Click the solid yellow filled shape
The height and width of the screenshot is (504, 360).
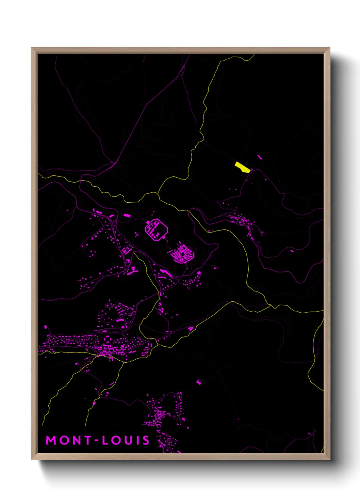pos(243,167)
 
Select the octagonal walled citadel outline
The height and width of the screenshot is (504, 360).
pos(157,230)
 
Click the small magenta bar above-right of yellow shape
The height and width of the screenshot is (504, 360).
pos(260,157)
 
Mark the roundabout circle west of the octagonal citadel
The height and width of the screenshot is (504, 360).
pos(115,223)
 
